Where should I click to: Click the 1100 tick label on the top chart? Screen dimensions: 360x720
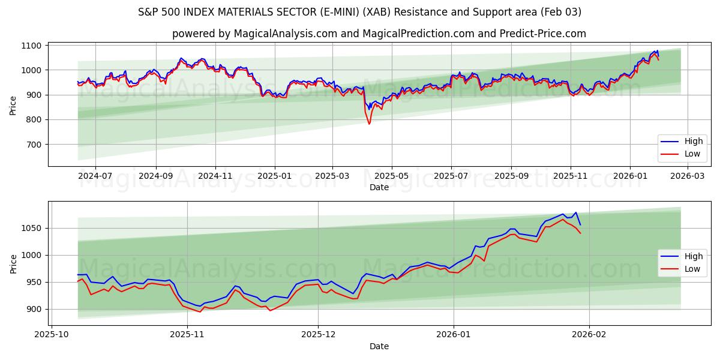pyautogui.click(x=31, y=46)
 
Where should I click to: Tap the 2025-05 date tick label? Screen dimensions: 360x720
pyautogui.click(x=391, y=176)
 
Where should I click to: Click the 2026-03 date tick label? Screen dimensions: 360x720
pyautogui.click(x=687, y=176)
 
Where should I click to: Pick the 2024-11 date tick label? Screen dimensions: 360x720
pyautogui.click(x=215, y=176)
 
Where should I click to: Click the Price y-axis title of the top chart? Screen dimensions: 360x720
pyautogui.click(x=13, y=104)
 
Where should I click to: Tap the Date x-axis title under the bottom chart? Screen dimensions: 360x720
pyautogui.click(x=379, y=346)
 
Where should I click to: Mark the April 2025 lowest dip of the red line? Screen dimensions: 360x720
pyautogui.click(x=369, y=124)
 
